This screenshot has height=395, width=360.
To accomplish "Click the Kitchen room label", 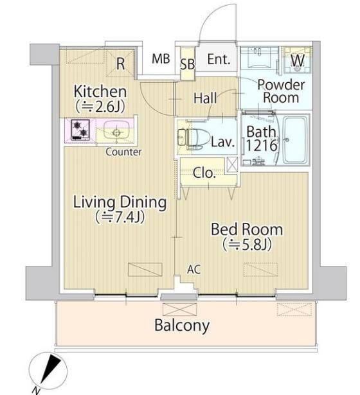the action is click(x=100, y=91).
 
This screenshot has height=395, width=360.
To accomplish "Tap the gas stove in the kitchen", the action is click(x=80, y=130).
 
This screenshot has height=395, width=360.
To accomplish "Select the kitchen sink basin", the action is click(x=116, y=130).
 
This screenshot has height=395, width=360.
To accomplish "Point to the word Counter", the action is click(x=123, y=152).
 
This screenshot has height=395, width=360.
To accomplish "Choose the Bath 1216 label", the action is click(x=262, y=138).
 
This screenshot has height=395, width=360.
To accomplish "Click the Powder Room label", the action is click(x=281, y=91).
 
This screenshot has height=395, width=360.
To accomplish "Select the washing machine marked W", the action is click(x=298, y=60).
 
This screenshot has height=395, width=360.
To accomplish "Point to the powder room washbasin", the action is click(x=260, y=58).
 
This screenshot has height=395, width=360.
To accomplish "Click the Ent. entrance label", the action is click(x=219, y=60).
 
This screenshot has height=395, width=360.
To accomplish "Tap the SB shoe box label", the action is click(x=188, y=64).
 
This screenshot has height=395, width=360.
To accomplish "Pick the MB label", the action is click(x=161, y=58).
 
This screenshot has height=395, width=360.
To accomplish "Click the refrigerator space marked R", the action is click(x=120, y=64).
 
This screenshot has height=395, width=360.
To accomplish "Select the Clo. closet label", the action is click(x=204, y=173).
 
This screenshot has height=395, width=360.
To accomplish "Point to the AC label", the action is click(x=194, y=269).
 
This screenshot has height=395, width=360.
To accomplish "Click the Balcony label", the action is click(x=182, y=326).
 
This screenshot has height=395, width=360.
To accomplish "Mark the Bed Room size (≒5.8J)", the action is click(x=247, y=244).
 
